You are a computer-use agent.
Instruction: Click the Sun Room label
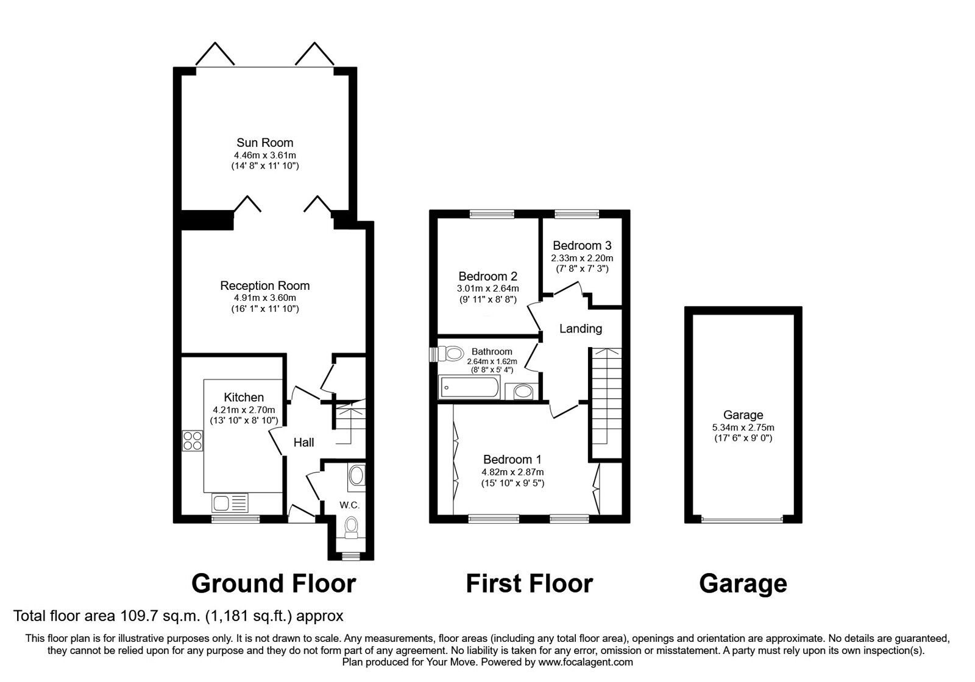point(264,142)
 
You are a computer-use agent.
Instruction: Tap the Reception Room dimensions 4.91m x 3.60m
point(264,298)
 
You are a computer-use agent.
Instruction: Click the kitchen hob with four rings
point(193,440)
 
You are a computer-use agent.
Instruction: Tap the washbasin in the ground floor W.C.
point(356,476)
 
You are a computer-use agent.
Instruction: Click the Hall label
point(303,442)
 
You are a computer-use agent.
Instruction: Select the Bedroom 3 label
point(582,245)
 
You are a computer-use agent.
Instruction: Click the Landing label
point(581,328)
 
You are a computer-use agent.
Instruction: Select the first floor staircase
point(605,402)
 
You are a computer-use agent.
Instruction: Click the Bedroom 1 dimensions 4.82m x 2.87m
point(512,472)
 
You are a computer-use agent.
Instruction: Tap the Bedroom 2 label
point(487,276)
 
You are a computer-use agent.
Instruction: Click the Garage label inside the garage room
point(743,415)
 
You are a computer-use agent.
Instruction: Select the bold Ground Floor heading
point(273,583)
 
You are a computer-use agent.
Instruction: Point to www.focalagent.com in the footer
point(585,662)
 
